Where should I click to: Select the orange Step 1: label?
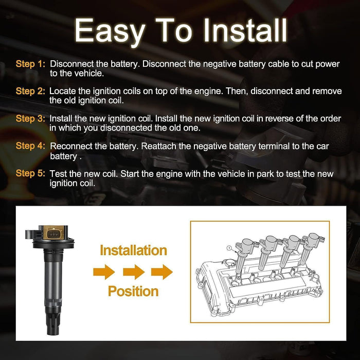click(30, 64)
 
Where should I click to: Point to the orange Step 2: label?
click(30, 91)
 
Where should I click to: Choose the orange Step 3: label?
click(30, 118)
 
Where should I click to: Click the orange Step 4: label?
click(30, 146)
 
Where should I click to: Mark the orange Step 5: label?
click(30, 173)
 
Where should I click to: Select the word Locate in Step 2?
click(63, 91)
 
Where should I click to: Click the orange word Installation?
click(133, 250)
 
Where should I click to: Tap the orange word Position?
click(133, 291)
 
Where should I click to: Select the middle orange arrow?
click(133, 271)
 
